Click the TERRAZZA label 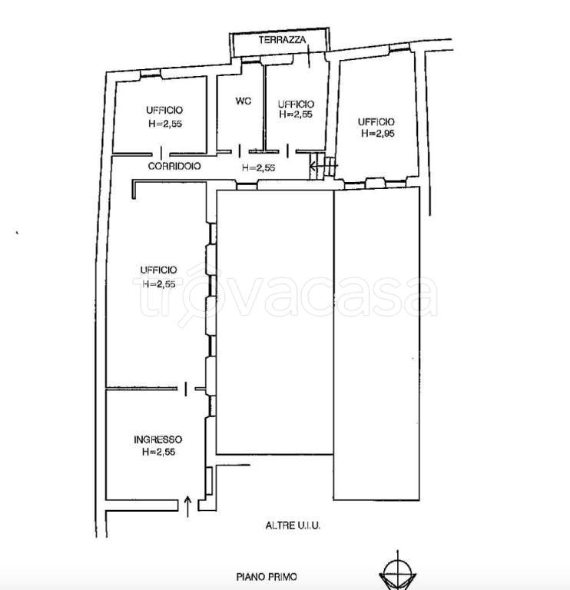coord(282,39)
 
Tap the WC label coord(244,101)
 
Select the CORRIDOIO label coord(174,166)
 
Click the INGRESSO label coord(158,439)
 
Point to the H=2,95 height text coord(378,133)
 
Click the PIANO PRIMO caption coord(267,576)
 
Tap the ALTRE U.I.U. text coord(293,525)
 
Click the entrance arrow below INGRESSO coord(188,507)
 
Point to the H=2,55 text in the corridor coord(258,167)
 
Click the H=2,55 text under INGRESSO coord(159,452)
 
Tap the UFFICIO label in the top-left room coord(164,111)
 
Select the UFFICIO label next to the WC coord(296,104)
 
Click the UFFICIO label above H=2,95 coord(376,121)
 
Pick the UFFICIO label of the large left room coord(158,270)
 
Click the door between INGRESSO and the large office coord(185,389)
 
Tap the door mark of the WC coord(240,151)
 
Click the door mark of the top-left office coord(161,153)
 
